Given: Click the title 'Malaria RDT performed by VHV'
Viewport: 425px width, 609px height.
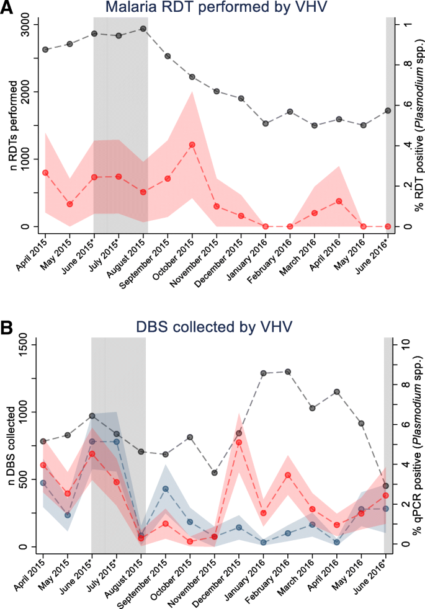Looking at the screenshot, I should coord(212,8).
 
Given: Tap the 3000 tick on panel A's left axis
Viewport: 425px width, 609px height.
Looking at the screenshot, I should coord(25,24).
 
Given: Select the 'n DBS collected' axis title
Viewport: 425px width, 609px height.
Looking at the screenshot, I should coord(9,445).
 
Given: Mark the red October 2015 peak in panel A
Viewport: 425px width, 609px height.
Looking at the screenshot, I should coord(192,144).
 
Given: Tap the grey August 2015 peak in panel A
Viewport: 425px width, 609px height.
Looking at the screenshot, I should coord(143,29).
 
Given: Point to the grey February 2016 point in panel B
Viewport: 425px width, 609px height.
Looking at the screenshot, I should coord(287,371).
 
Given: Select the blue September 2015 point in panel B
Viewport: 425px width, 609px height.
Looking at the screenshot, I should coord(165,489).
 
